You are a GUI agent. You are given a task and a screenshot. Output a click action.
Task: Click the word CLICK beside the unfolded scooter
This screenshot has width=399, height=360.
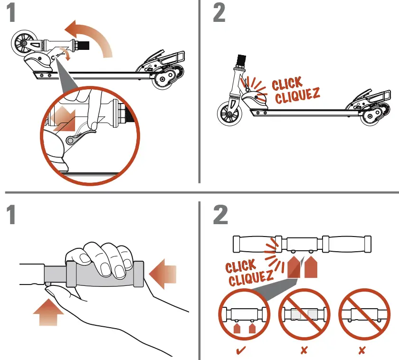(x=287, y=85)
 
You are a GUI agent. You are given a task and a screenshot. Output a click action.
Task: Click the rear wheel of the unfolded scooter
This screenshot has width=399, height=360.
(x=371, y=114)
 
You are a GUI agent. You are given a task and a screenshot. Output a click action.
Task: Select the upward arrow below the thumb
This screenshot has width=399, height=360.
(x=47, y=312)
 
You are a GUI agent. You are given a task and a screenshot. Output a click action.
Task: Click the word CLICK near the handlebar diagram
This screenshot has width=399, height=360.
(x=240, y=266)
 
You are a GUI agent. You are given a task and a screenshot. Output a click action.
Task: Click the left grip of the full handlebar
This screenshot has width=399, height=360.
(x=254, y=244)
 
